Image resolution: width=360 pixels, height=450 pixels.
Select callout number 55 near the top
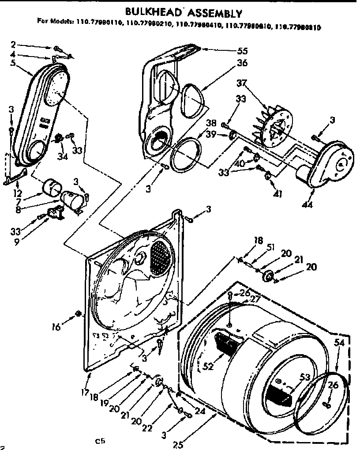pos(242,50)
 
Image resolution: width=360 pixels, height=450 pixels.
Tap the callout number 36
pos(242,64)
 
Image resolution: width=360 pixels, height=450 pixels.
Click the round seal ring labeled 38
pos(185,155)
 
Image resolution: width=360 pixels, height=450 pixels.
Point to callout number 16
pos(56,327)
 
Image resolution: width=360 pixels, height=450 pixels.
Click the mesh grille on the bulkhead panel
pos(159,256)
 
